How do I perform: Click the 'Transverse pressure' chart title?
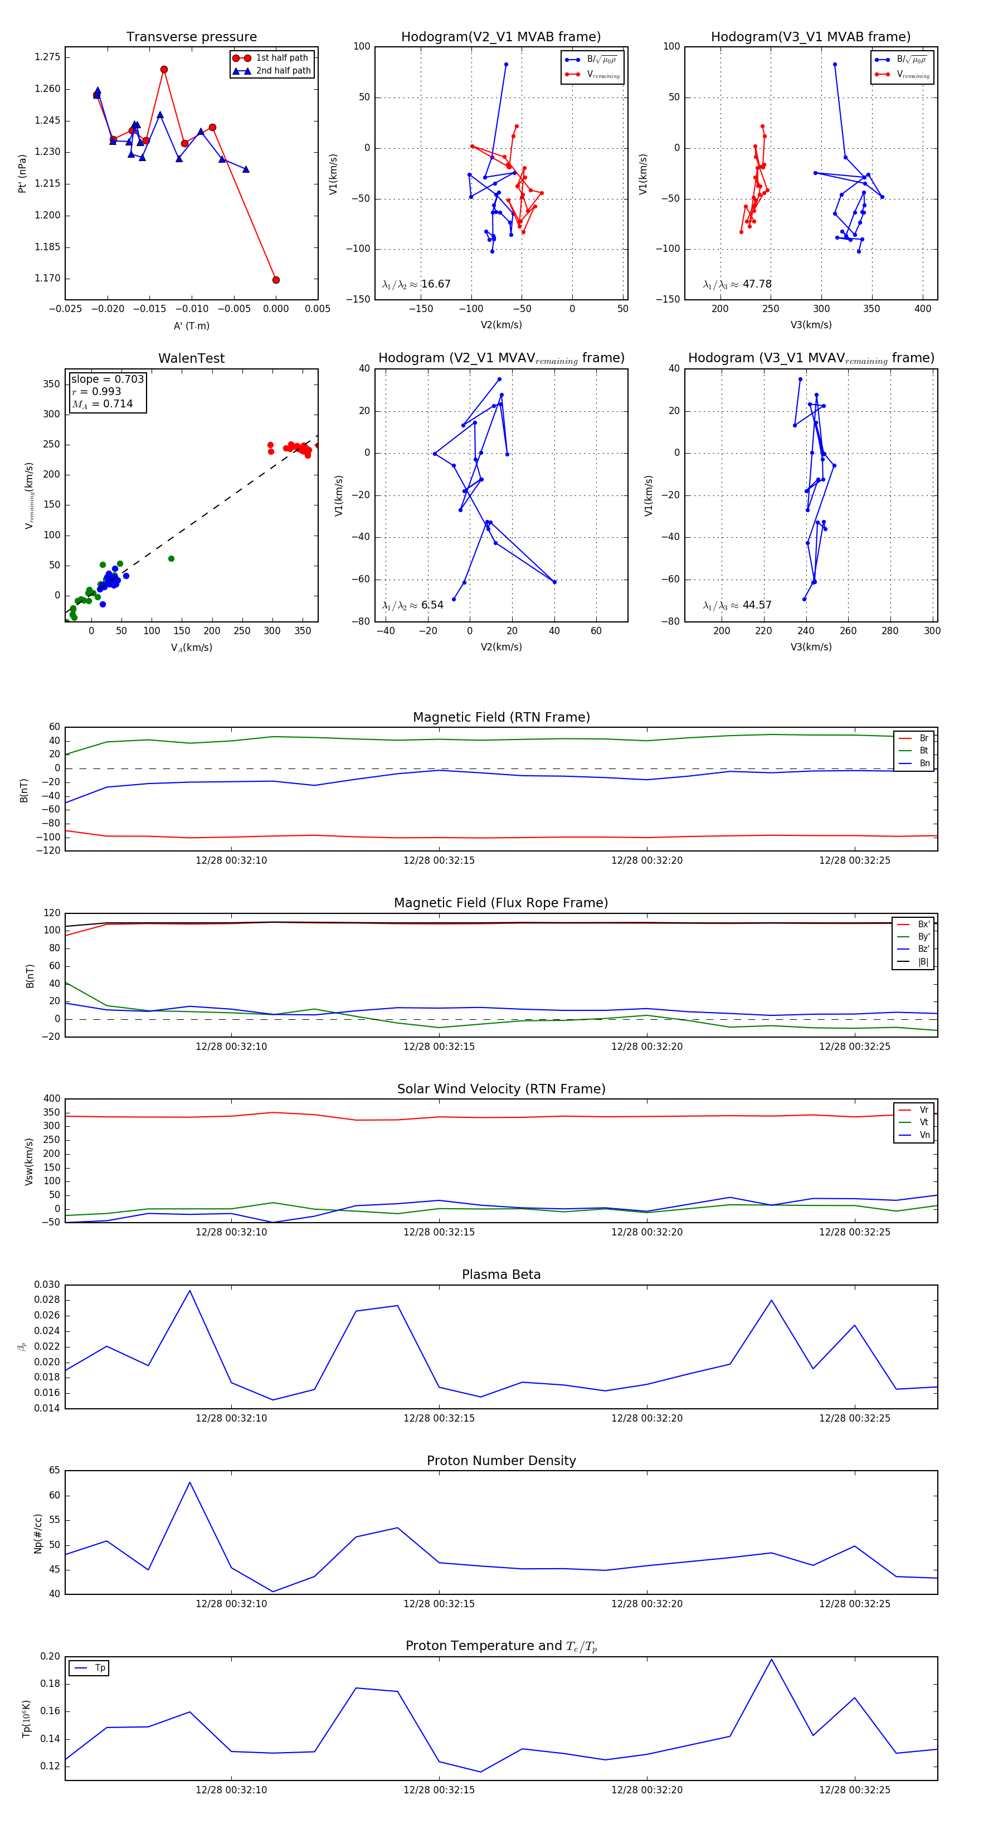(191, 37)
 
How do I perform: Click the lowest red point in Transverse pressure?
(276, 280)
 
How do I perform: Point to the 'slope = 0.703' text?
(107, 379)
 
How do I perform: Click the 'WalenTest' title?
(191, 358)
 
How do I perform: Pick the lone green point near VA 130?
(171, 559)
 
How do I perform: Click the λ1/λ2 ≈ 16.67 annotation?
(416, 284)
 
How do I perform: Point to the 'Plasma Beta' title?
(501, 1275)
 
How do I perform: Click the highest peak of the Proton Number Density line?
(190, 1482)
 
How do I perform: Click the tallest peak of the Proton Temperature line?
(771, 1659)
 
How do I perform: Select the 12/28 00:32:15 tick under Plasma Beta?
(439, 1418)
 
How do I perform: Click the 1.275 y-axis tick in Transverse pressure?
(48, 57)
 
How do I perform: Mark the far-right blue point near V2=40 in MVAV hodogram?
(554, 582)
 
